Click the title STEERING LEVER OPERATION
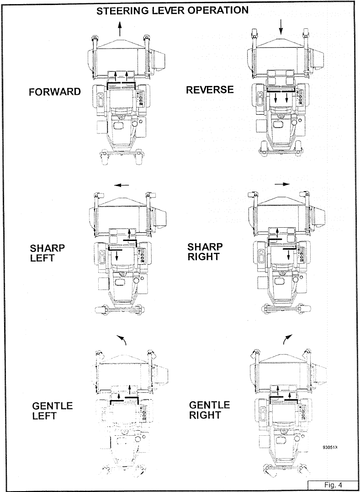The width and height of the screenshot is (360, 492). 173,11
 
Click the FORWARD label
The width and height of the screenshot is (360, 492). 54,92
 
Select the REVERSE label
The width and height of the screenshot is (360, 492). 210,90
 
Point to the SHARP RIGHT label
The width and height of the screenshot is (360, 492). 205,252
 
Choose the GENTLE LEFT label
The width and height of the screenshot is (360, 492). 53,411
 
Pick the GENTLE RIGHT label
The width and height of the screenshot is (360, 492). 210,410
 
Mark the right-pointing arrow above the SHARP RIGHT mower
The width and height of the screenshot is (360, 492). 283,184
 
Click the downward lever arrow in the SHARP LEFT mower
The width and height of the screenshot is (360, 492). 117,256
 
